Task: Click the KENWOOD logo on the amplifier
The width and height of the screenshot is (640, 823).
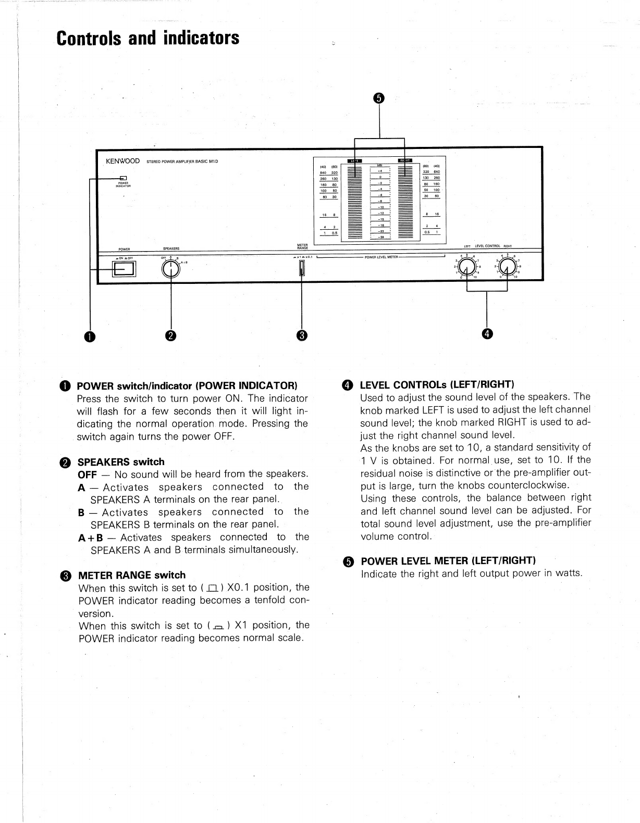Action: (x=123, y=161)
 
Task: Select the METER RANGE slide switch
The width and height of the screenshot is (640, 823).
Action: (x=301, y=268)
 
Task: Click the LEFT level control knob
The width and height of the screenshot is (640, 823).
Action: (x=467, y=267)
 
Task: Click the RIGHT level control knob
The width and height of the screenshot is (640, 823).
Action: (x=508, y=267)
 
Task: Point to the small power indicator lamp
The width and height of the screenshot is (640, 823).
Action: (x=124, y=178)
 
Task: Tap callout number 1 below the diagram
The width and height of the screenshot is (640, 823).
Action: (x=91, y=336)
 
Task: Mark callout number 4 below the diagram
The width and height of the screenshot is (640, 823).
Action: (x=487, y=334)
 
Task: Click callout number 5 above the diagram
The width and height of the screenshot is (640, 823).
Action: (x=379, y=98)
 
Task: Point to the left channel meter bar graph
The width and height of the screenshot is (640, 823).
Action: (x=354, y=201)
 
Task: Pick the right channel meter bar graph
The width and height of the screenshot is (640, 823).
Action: (x=405, y=201)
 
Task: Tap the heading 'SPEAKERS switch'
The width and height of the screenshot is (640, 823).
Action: (x=121, y=462)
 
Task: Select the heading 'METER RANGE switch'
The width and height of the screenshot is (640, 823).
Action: (x=131, y=575)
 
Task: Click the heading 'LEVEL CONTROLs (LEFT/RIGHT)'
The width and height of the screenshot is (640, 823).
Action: (x=437, y=385)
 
